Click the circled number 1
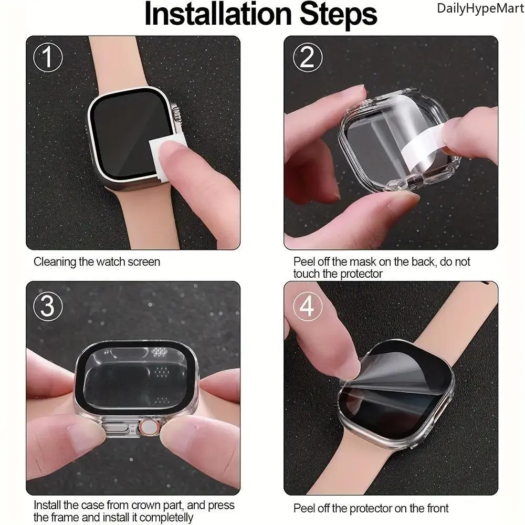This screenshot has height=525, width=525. pyautogui.click(x=48, y=57)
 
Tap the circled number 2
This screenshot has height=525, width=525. pyautogui.click(x=307, y=57)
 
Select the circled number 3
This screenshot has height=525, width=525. pyautogui.click(x=48, y=306)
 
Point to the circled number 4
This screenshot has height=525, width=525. pyautogui.click(x=307, y=306)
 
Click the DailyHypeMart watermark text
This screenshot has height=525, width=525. pyautogui.click(x=480, y=9)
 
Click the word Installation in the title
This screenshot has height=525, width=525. pyautogui.click(x=218, y=14)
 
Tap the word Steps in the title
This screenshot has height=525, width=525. pyautogui.click(x=338, y=15)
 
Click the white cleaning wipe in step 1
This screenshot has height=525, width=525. pyautogui.click(x=167, y=156)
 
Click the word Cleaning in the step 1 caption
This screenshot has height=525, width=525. pyautogui.click(x=55, y=262)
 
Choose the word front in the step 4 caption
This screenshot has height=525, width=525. pyautogui.click(x=434, y=508)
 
